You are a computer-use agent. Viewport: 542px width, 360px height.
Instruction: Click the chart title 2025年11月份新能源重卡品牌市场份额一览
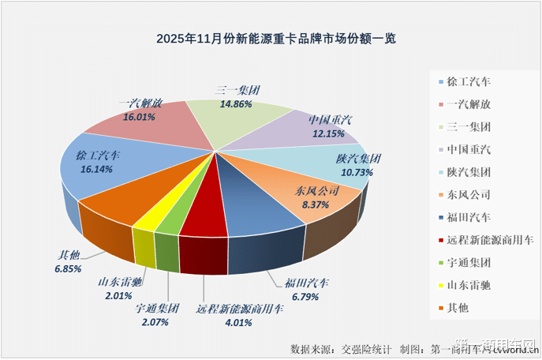coord(271,38)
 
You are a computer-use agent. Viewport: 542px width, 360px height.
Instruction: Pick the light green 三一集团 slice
coord(237,118)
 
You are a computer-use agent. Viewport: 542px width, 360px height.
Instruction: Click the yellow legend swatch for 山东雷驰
coord(439,286)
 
